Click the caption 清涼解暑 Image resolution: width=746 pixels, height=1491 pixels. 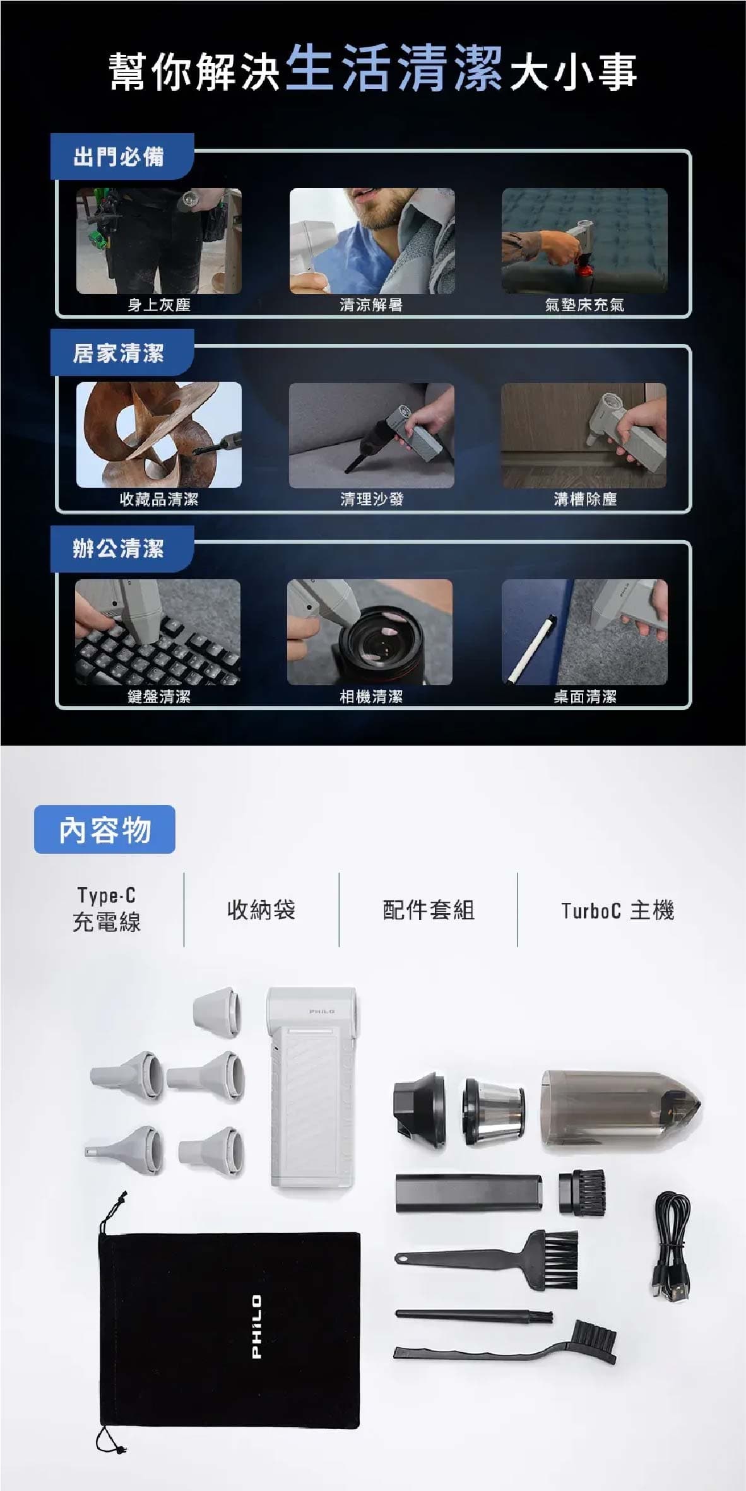[x=371, y=305]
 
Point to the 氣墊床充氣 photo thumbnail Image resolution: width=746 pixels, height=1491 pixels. [x=584, y=240]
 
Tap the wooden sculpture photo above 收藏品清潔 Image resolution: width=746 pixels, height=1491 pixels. [x=159, y=435]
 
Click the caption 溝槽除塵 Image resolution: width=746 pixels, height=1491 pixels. [x=585, y=499]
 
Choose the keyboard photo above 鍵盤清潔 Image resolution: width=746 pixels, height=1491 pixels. [x=158, y=632]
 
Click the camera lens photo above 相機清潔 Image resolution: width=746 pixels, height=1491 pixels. [x=370, y=632]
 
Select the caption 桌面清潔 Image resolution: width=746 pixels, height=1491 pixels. [x=585, y=697]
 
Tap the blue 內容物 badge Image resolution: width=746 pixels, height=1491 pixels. [x=105, y=830]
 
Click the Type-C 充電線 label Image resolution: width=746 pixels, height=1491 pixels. [x=106, y=909]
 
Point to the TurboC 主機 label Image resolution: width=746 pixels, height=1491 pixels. [x=618, y=911]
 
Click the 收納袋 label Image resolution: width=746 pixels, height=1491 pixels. [x=261, y=910]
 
